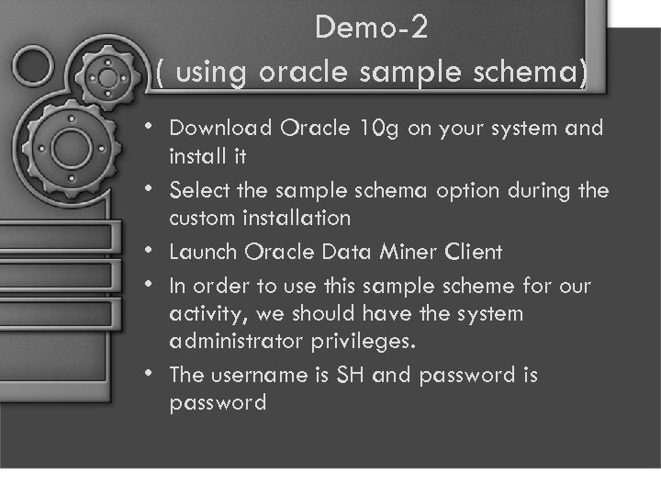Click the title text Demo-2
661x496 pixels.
pyautogui.click(x=371, y=28)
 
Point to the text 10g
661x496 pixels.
pyautogui.click(x=380, y=128)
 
